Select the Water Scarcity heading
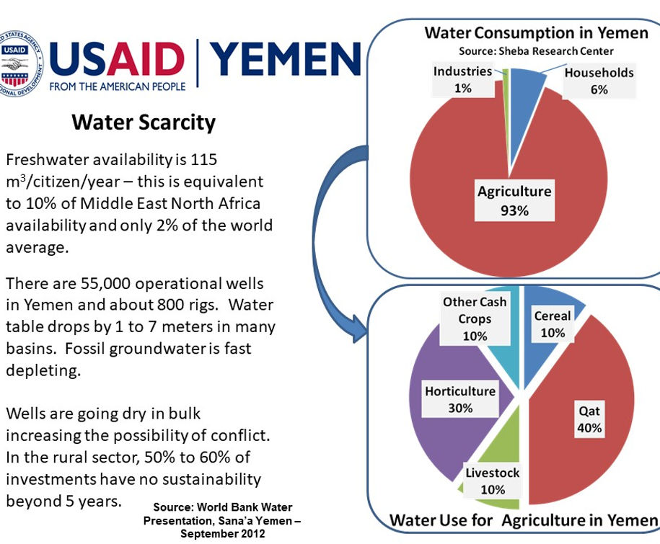pos(144,122)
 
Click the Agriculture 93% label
pos(514,201)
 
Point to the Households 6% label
pos(599,81)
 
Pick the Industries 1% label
pos(462,80)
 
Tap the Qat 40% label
pos(589,419)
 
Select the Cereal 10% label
pos(553,324)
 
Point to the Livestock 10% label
pos(492,481)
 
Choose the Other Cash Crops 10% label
pos(475,318)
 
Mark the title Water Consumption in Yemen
pos(536,33)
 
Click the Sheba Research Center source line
pos(536,51)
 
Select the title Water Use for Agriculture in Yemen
pos(524,520)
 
